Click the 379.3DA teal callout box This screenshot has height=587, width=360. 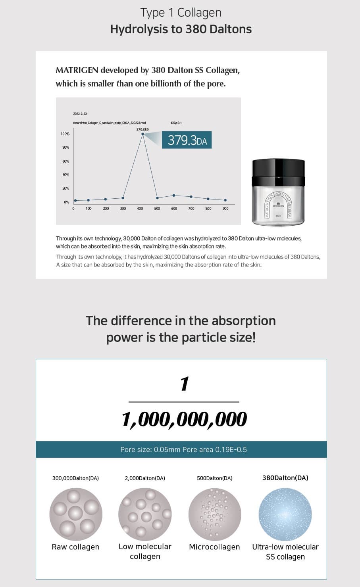coord(187,140)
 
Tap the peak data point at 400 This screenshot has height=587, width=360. coord(142,134)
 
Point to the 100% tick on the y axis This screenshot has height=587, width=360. coord(65,134)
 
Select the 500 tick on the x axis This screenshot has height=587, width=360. coord(157,208)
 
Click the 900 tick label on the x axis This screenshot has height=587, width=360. coord(225,208)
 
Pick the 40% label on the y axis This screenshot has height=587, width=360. coord(65,175)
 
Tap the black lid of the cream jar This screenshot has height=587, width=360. coord(279,173)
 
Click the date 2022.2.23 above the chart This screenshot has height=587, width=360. coord(80,114)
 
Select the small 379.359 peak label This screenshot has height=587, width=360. coord(142,129)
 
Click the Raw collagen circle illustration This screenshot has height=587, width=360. coord(76,514)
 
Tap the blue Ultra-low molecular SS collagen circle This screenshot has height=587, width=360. coord(285,514)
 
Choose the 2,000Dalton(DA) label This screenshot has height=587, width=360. coord(145,478)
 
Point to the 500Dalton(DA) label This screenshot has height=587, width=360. coord(215,478)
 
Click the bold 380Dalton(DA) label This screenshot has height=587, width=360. coord(285,478)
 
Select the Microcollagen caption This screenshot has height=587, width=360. coord(214,547)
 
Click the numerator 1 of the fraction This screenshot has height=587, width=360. coord(184,384)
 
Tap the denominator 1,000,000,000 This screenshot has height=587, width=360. coord(184,419)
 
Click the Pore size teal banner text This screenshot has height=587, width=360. coord(183,449)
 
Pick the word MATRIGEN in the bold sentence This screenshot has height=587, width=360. coord(77,70)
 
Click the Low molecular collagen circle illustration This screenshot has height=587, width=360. coord(145,514)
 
